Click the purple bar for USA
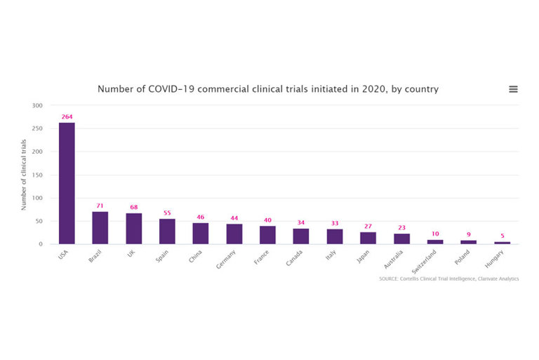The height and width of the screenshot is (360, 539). [67, 183]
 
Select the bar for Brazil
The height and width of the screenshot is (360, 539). [100, 227]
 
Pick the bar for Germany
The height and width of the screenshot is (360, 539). [234, 234]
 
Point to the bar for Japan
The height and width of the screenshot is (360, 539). [368, 238]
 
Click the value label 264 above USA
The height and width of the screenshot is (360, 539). [67, 116]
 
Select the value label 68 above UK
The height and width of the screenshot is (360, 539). [133, 207]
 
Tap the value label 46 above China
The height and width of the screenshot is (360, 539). [201, 217]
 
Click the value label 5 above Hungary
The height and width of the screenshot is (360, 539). [502, 236]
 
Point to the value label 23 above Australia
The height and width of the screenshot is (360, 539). [401, 227]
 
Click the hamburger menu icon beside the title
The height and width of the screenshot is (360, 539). [513, 89]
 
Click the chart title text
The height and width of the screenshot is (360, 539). [268, 89]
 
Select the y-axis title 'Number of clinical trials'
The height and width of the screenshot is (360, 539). [24, 175]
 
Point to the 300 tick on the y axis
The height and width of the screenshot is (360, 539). [36, 105]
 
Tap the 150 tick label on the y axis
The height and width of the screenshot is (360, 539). [36, 175]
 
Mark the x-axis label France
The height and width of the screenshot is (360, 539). [262, 256]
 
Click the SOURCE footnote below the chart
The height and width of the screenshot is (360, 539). [448, 279]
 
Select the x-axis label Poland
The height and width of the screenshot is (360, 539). [463, 257]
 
